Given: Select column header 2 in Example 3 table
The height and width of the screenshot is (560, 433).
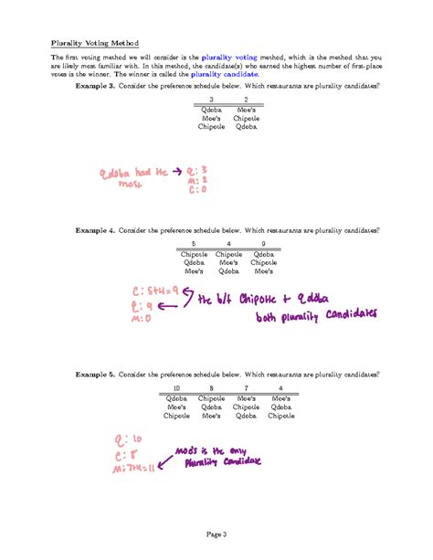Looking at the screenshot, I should [246, 99].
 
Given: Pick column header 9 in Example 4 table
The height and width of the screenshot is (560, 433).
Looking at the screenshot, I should [263, 244].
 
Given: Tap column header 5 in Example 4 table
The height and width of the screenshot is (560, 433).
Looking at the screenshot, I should [194, 244].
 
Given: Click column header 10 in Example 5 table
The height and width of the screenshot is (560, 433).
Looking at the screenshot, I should [176, 388].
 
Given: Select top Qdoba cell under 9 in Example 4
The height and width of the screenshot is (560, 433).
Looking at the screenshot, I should [263, 253].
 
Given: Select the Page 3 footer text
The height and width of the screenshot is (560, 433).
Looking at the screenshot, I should [216, 534].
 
